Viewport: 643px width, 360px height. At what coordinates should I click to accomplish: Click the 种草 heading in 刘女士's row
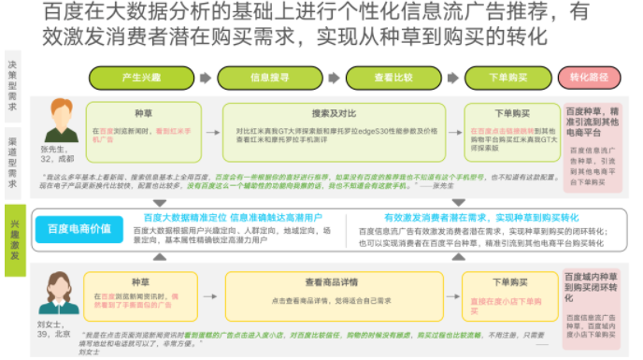[x=141, y=280]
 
